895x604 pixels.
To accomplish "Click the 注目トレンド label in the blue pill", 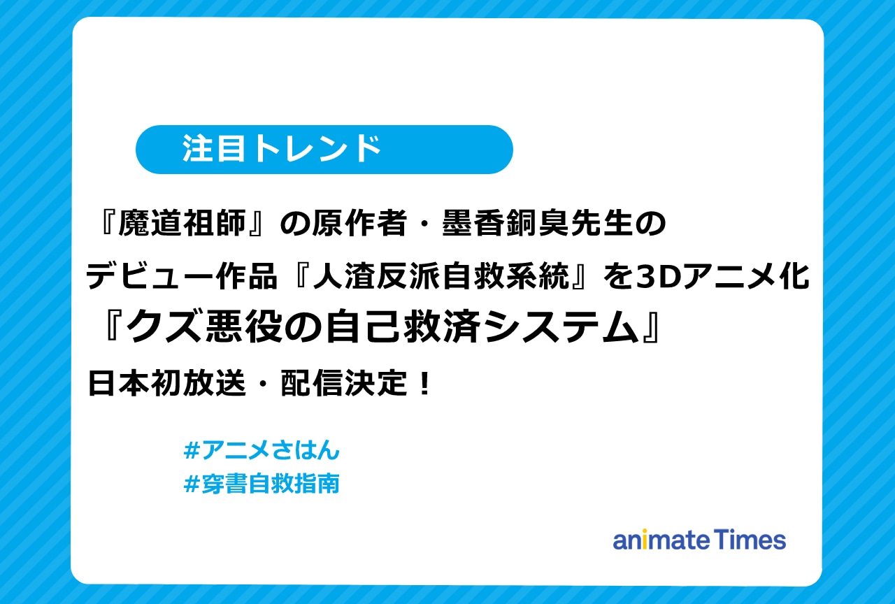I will (282, 149).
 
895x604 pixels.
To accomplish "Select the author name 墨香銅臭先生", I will (536, 225).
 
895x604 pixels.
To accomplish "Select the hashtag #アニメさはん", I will (261, 451).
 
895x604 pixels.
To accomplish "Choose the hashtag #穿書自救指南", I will (261, 484).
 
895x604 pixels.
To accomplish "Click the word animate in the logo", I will (661, 540).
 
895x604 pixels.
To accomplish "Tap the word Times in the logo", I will (750, 540).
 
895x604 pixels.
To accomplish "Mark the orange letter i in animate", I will (645, 540).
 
